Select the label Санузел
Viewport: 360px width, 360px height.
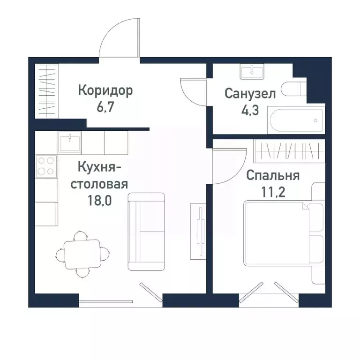pos(250,94)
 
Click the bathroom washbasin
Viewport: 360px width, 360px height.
pos(253,72)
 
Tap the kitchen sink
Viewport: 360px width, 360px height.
pos(70,141)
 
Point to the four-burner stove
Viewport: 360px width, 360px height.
pos(46,165)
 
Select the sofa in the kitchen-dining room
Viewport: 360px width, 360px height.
pos(147,231)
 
